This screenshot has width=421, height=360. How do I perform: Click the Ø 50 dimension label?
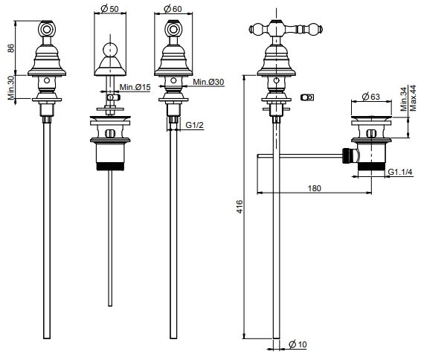[x=109, y=9]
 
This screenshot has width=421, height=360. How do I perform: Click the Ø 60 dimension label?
[x=173, y=9]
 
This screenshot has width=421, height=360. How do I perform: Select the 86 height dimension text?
[x=10, y=48]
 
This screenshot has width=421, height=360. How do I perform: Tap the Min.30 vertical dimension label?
[x=10, y=88]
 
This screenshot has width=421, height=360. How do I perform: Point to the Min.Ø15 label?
[x=135, y=87]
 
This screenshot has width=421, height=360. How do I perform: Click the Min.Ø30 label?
[x=208, y=82]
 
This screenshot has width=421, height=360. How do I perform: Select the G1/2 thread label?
[x=194, y=125]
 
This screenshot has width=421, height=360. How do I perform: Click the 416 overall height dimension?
[x=240, y=207]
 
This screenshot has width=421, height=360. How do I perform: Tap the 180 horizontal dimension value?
[x=314, y=188]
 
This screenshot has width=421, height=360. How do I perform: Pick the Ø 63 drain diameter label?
[x=370, y=97]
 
